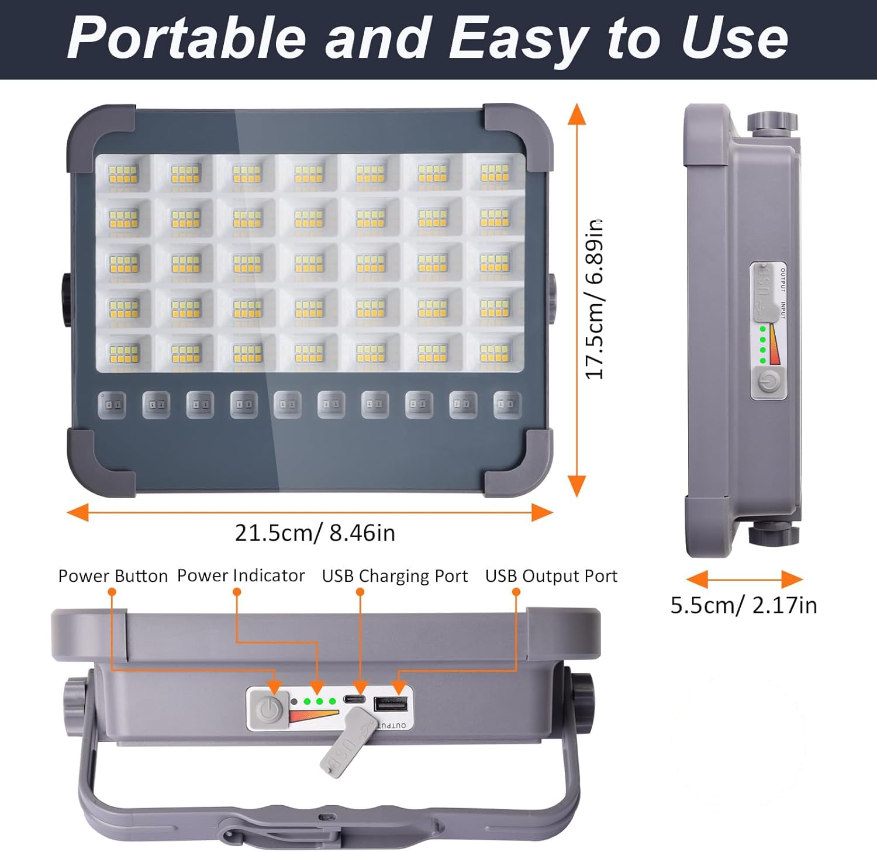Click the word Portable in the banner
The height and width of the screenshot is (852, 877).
[186, 38]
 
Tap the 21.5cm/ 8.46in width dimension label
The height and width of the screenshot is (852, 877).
[315, 533]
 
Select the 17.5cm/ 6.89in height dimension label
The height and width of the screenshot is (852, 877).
[595, 299]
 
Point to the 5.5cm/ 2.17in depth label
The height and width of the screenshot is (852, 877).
[743, 605]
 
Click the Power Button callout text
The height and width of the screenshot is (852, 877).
[113, 576]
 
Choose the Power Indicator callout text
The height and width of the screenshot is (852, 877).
[241, 575]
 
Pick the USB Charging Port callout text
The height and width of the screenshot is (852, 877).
[395, 576]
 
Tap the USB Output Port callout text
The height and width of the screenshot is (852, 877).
[551, 576]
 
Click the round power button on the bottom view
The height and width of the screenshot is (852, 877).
[268, 709]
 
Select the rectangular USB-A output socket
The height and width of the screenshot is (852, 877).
[390, 704]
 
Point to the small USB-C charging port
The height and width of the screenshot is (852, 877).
[353, 699]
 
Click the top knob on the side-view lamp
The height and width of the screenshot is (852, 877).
[772, 122]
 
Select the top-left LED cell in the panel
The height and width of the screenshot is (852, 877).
[123, 174]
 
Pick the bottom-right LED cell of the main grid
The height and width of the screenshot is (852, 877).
[495, 353]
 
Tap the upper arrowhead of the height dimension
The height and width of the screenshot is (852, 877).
[577, 114]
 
